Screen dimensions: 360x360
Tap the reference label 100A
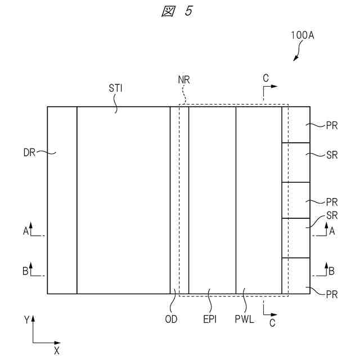(x=303, y=34)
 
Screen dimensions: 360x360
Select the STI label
(x=116, y=88)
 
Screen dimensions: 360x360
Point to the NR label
(x=183, y=80)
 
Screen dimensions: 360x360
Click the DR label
(x=30, y=152)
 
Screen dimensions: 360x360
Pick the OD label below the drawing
(x=171, y=319)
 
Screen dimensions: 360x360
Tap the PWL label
(x=245, y=319)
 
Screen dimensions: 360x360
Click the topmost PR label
(x=332, y=125)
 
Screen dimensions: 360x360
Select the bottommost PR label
(x=332, y=294)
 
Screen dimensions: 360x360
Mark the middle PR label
(x=332, y=201)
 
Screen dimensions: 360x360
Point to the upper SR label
(x=332, y=155)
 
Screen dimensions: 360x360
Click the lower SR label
(x=332, y=217)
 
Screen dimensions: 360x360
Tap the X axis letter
(x=56, y=350)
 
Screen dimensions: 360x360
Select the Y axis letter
(x=26, y=319)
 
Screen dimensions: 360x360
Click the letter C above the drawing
(x=265, y=79)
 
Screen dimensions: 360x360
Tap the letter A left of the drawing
(x=26, y=230)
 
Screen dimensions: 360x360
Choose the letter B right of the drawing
(x=331, y=271)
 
